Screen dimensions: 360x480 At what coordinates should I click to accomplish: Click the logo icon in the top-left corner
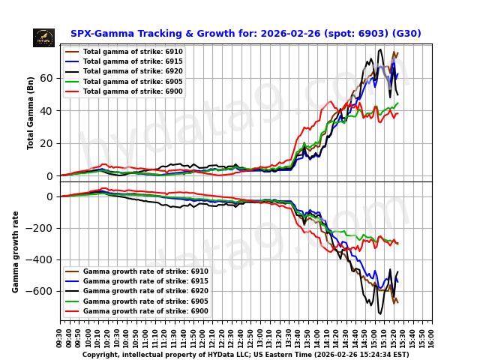click(x=43, y=37)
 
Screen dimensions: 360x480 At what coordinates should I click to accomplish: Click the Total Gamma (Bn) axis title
click(x=31, y=112)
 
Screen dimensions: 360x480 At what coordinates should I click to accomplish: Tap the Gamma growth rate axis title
click(x=16, y=251)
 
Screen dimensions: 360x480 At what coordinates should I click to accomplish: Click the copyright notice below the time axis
click(x=245, y=355)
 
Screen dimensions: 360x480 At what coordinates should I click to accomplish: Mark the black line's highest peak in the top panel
click(x=380, y=50)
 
